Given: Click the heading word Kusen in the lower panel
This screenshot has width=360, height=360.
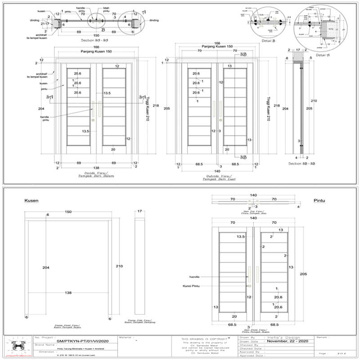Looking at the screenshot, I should click(x=31, y=200).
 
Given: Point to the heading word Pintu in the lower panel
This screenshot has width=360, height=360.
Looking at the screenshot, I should click(x=319, y=200).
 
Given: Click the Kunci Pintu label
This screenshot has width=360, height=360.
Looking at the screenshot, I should click(x=191, y=286).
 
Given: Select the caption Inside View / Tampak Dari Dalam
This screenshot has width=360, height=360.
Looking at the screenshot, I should click(x=95, y=174).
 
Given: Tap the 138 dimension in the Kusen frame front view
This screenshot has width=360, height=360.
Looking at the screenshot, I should click(x=68, y=292).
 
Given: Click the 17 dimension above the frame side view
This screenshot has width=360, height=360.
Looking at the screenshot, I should click(x=139, y=211).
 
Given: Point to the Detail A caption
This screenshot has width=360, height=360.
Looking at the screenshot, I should click(x=323, y=55).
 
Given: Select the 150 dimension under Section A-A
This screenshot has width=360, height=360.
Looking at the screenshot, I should click(x=96, y=35).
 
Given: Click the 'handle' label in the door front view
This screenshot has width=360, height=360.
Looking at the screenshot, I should click(x=194, y=277).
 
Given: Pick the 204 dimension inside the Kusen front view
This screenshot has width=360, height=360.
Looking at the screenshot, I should click(x=45, y=267).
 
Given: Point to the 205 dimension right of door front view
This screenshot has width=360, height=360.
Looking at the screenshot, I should click(x=303, y=274).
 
